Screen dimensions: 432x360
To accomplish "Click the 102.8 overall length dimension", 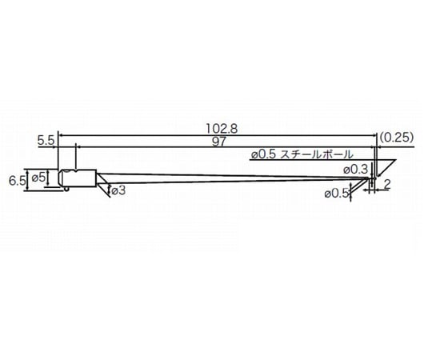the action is point(222,129).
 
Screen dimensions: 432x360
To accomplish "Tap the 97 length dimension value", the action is point(219,142).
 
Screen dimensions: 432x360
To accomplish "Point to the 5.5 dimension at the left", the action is point(46,141).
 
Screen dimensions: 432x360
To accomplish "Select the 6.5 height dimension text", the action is point(18,182).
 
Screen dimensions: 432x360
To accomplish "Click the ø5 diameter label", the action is point(38,178).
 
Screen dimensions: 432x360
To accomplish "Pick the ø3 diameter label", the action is point(118,190).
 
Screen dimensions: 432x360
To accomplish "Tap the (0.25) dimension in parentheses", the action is point(397,137).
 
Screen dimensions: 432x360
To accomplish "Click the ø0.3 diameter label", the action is point(355,170).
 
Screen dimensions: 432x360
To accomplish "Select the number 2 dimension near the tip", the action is point(387,184).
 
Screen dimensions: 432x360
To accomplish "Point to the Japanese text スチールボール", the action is point(317,154).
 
